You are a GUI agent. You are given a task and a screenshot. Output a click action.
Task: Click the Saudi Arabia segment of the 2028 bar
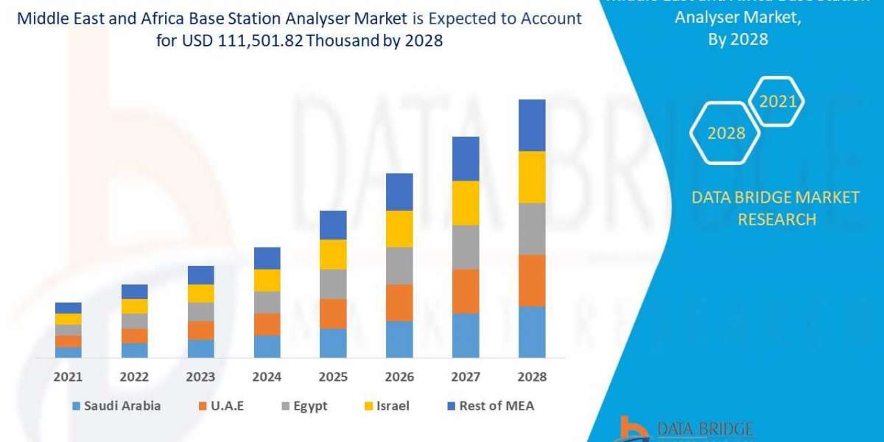click(x=532, y=332)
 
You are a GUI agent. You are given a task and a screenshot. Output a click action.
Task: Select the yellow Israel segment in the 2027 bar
click(x=466, y=203)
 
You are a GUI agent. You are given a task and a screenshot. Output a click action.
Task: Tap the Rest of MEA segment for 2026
click(x=399, y=192)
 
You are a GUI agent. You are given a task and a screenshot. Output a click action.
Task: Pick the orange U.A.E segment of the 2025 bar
click(x=333, y=313)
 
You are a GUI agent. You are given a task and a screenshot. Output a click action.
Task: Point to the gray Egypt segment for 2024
click(x=267, y=302)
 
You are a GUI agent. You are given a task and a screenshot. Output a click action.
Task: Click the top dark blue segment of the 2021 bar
click(x=69, y=308)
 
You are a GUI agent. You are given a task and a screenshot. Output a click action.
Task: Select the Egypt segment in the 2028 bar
click(x=532, y=228)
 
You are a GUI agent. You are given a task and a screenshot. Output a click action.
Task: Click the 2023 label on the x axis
click(x=200, y=376)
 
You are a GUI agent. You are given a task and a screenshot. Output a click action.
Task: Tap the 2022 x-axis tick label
click(x=134, y=376)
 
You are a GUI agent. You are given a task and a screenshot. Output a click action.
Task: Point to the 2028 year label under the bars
click(x=532, y=376)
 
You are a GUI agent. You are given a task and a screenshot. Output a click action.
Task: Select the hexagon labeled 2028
click(x=726, y=133)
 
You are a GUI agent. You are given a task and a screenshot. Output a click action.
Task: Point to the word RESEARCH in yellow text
click(x=776, y=220)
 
